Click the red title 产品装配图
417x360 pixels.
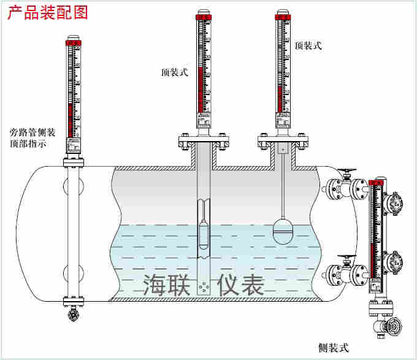[x=48, y=12]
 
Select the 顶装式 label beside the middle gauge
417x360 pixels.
[x=174, y=72]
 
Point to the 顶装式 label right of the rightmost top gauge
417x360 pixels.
[x=308, y=46]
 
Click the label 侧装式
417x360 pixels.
[x=334, y=348]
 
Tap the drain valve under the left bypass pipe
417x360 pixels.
[x=73, y=315]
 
